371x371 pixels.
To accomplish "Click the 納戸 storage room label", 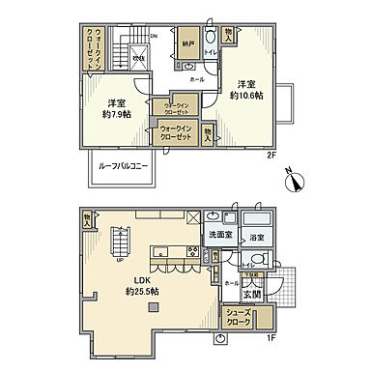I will (187, 43).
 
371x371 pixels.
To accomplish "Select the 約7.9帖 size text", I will (119, 112).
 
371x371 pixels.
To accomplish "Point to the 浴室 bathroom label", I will (257, 236).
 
